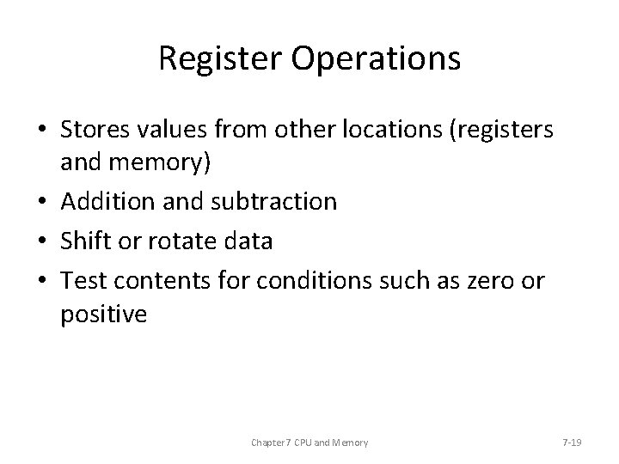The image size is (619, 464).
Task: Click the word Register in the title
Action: coord(211,58)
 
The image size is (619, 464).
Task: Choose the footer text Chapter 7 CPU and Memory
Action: coord(309,443)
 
